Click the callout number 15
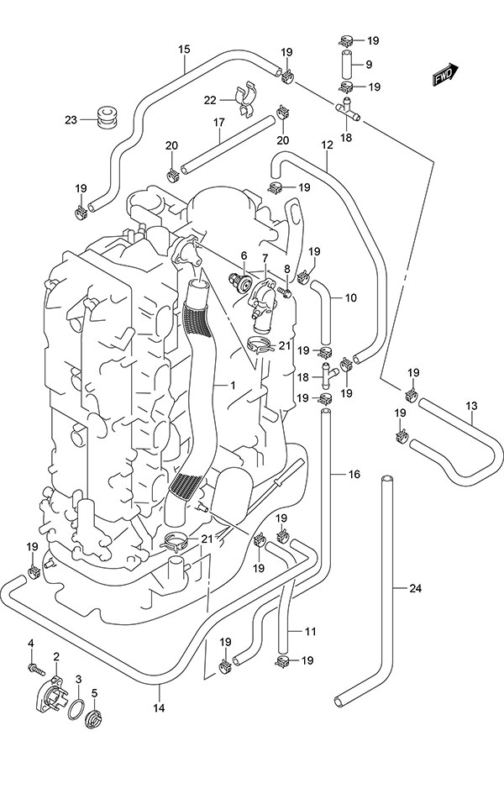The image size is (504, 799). click(184, 49)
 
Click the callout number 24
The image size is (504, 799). click(415, 587)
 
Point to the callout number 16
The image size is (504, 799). click(354, 475)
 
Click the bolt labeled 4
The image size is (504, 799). click(36, 668)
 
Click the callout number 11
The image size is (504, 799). click(310, 632)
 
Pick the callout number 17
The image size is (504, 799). click(218, 123)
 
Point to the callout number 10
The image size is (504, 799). click(351, 297)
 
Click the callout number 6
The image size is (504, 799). click(244, 255)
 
